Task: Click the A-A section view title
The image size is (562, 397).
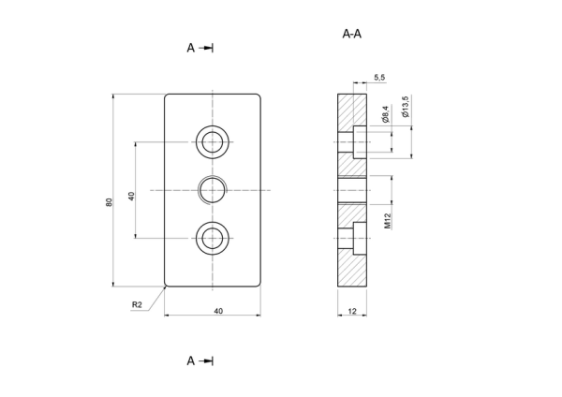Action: (351, 34)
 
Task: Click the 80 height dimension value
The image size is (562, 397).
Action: (109, 202)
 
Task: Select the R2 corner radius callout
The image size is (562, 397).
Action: (137, 304)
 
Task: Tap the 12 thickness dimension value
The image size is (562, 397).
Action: (352, 311)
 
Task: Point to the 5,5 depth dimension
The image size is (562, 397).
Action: (379, 78)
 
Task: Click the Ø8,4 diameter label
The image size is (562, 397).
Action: (386, 114)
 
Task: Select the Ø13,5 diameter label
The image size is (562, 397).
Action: (406, 107)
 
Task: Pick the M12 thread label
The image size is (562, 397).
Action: (388, 221)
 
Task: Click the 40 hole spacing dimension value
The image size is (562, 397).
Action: (131, 196)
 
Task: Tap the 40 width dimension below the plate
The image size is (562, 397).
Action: (218, 311)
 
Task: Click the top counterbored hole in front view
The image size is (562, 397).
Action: (213, 142)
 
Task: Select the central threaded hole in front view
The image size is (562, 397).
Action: (213, 190)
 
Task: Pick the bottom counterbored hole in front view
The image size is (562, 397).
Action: (213, 238)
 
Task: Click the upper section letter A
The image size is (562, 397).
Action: (191, 48)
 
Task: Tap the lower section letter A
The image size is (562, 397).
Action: (191, 360)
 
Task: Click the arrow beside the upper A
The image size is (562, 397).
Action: (206, 48)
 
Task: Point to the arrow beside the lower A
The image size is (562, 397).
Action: (206, 360)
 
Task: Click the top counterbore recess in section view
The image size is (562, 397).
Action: (360, 142)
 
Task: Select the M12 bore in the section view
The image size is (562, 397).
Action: (352, 190)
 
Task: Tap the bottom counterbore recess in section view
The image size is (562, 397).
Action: (360, 238)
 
